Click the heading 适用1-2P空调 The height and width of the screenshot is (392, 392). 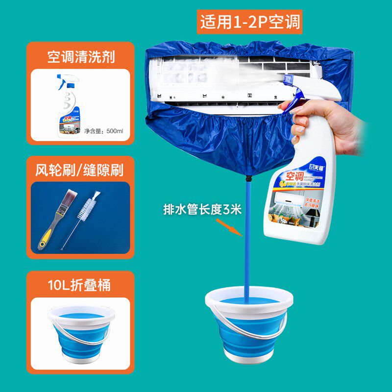pyautogui.click(x=250, y=22)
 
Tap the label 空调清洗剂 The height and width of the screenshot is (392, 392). pyautogui.click(x=81, y=57)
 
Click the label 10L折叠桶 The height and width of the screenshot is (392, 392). pyautogui.click(x=80, y=285)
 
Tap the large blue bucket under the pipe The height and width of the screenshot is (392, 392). pyautogui.click(x=248, y=323)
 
